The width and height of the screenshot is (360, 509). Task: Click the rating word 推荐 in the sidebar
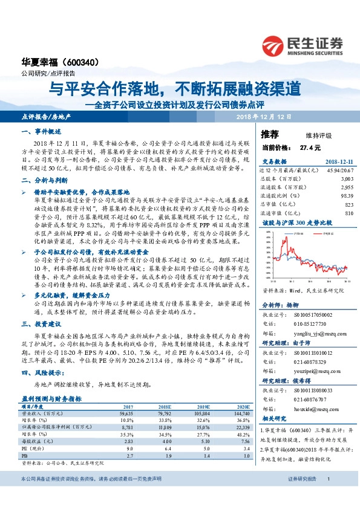pos(270,133)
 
